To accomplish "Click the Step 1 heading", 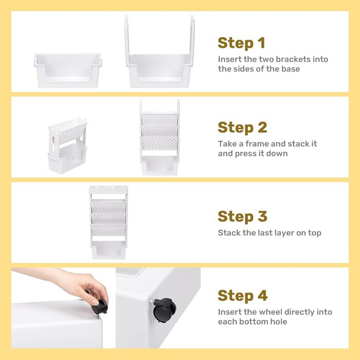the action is [x=241, y=43].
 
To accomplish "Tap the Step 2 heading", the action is [x=242, y=128].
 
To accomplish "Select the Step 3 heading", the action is [x=242, y=217].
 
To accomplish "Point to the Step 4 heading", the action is [x=243, y=295].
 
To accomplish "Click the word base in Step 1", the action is [x=291, y=69].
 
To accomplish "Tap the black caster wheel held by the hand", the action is [x=100, y=307].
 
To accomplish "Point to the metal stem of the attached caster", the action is [x=152, y=301].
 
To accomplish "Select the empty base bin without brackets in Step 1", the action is [x=68, y=70].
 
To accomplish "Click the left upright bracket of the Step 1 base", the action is [x=127, y=41].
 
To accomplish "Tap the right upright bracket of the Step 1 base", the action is [x=192, y=41].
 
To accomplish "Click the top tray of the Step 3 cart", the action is [x=109, y=190].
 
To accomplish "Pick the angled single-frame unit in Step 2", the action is [x=68, y=146].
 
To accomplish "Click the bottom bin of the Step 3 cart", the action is [x=109, y=250].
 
